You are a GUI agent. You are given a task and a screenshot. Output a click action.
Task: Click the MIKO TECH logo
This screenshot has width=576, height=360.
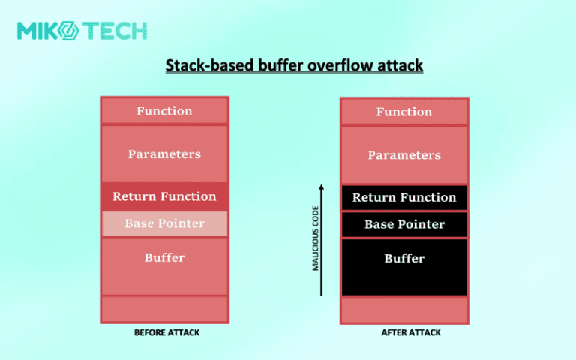pos(82,31)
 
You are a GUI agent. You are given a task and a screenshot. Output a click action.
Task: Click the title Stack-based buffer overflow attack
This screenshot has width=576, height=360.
pos(294,66)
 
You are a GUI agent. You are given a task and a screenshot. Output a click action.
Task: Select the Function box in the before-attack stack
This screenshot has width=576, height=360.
pos(164,111)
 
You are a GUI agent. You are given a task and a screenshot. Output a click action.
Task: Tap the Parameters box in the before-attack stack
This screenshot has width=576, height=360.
pos(164,154)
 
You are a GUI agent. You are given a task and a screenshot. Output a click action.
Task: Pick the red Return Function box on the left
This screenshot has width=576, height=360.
pos(164,196)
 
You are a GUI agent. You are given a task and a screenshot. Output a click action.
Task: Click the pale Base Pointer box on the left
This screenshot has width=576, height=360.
pos(164,223)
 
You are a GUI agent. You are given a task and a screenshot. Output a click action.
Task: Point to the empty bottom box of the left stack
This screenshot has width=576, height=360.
pos(164,308)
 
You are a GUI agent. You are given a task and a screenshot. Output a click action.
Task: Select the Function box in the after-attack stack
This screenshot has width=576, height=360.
pos(404,112)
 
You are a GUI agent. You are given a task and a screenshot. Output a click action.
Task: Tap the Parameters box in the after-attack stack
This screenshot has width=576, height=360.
pos(404,154)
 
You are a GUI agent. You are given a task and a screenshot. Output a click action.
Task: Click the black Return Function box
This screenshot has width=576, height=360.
pos(404,197)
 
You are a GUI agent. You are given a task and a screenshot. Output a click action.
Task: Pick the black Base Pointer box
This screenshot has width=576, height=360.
pos(404,224)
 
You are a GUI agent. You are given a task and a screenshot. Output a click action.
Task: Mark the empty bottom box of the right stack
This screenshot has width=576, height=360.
pos(404,309)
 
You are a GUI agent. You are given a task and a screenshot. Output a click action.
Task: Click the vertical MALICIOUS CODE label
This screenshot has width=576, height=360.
pos(316,238)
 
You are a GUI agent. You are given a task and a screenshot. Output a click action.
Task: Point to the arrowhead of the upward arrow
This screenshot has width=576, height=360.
pos(321,187)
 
